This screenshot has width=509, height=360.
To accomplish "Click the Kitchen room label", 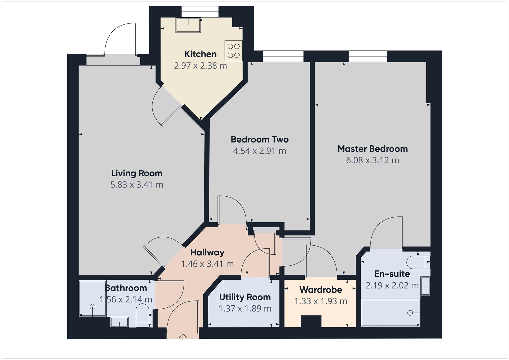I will click(200, 54).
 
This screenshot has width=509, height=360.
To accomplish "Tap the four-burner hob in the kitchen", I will click(233, 51).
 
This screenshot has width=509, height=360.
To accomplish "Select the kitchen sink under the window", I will click(188, 25).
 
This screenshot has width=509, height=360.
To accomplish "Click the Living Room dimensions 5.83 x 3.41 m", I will click(137, 185).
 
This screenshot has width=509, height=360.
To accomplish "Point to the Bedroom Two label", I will click(259, 139).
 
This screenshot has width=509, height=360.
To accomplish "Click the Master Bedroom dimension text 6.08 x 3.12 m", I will click(372, 160).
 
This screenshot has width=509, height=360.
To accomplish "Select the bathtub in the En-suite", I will click(390, 313).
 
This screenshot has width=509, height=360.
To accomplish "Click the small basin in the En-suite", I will click(425, 286).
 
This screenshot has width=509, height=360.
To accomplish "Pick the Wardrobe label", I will click(321, 290).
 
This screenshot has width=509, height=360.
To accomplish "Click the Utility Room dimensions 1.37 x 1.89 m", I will click(245, 309).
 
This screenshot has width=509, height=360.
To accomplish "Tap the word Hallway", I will click(207, 252).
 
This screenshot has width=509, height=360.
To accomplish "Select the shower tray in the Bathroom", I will click(92, 298).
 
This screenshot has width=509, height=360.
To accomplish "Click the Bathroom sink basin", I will click(119, 322).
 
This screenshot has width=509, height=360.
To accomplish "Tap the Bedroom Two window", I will click(283, 56).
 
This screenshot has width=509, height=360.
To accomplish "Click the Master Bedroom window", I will click(368, 56).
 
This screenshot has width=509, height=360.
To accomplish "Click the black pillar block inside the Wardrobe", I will click(311, 322).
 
